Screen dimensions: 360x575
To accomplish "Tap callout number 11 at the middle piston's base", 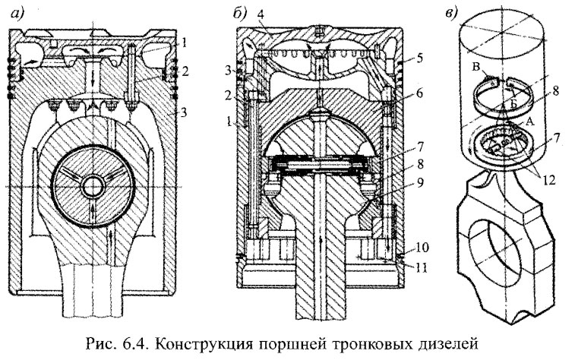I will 411,265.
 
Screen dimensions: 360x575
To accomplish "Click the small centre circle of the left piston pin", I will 95,186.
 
